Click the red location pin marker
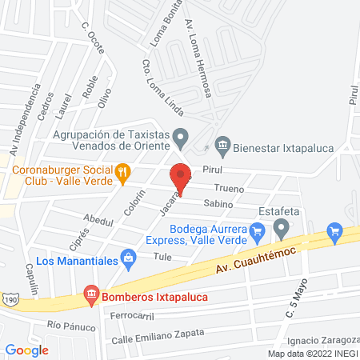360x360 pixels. coord(180,177)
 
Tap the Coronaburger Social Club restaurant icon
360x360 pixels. coord(122,170)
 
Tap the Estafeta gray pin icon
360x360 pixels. coord(281,230)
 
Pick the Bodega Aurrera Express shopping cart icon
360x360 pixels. coord(257,234)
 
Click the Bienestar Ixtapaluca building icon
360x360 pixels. coord(223,146)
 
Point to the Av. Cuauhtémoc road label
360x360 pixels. coord(250,262)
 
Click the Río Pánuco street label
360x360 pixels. coord(66,325)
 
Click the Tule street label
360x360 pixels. coord(163,257)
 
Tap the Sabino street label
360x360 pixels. coord(218,204)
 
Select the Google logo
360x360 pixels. coord(27,350)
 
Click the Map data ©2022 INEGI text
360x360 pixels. coord(312,354)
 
